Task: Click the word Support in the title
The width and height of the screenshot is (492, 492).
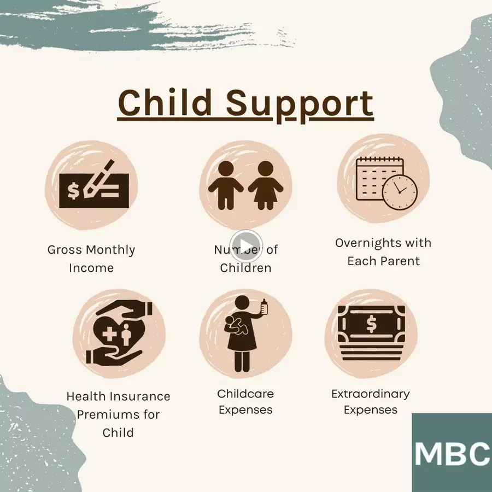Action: pyautogui.click(x=300, y=106)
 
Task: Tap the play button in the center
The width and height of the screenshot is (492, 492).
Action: pyautogui.click(x=245, y=246)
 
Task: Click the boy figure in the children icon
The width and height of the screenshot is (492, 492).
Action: pyautogui.click(x=226, y=185)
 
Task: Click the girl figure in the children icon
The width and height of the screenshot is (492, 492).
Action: pyautogui.click(x=266, y=185)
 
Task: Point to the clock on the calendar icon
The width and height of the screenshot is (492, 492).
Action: pyautogui.click(x=400, y=192)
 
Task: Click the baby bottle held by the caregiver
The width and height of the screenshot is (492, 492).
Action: pyautogui.click(x=264, y=306)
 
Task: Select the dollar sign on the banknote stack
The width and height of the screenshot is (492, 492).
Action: pyautogui.click(x=371, y=324)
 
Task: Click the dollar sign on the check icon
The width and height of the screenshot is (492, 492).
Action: pyautogui.click(x=73, y=190)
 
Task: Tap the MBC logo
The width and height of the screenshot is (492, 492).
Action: pyautogui.click(x=452, y=453)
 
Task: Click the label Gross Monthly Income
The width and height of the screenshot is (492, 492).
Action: pyautogui.click(x=91, y=259)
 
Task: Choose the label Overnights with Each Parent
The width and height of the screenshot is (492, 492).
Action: pyautogui.click(x=383, y=252)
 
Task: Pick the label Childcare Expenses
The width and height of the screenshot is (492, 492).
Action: pyautogui.click(x=245, y=402)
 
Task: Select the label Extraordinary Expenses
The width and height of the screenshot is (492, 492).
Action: pyautogui.click(x=371, y=402)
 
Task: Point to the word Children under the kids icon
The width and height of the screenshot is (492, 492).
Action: pyautogui.click(x=245, y=268)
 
